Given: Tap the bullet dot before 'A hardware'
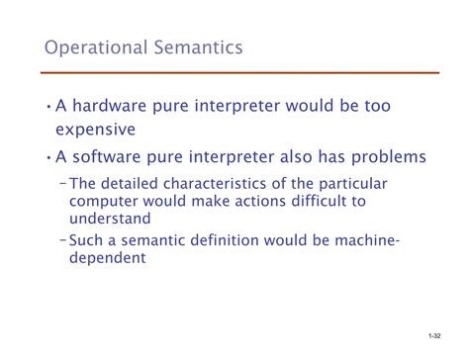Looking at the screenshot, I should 49,104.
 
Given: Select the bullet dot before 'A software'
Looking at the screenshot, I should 49,157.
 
